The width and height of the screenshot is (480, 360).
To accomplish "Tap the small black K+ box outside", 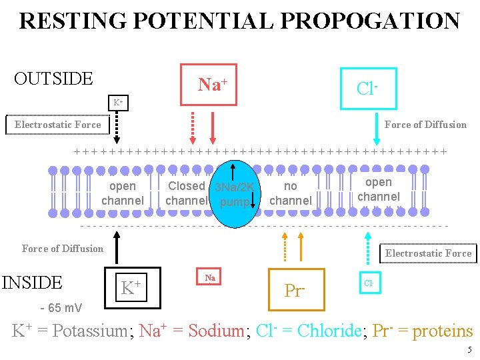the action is [x=117, y=103].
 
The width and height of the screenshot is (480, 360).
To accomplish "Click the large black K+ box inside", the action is [x=132, y=287].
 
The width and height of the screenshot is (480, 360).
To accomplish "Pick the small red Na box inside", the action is [x=210, y=277].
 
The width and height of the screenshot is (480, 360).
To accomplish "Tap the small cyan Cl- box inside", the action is [x=368, y=283].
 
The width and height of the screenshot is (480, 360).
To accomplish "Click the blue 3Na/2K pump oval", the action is [x=232, y=194].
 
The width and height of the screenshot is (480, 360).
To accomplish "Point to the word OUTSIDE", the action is [x=53, y=79].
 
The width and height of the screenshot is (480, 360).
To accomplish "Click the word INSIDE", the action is [x=32, y=283].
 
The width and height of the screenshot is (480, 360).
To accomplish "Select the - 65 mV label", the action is [x=61, y=308].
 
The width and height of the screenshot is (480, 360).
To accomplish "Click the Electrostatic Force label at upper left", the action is [x=58, y=125].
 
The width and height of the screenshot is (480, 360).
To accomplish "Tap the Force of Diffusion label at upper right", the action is [x=425, y=125].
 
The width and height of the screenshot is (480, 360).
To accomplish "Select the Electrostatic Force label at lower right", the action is [x=428, y=253].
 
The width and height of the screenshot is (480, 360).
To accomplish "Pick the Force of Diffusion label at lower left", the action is [x=63, y=249].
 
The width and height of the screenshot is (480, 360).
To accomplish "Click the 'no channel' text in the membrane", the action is [x=290, y=193].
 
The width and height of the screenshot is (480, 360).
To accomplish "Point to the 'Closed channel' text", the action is [x=186, y=193].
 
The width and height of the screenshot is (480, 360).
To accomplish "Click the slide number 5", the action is [x=469, y=350].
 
